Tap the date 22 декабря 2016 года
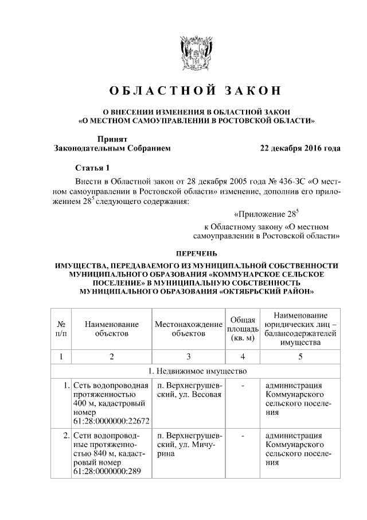point(300,148)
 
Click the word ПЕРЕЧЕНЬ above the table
point(196,253)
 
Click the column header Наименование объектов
point(112,328)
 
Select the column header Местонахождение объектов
point(188,328)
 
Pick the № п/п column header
point(61,328)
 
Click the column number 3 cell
point(188,356)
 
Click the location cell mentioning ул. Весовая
point(188,390)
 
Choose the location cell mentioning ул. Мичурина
point(188,445)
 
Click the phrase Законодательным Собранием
point(112,148)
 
